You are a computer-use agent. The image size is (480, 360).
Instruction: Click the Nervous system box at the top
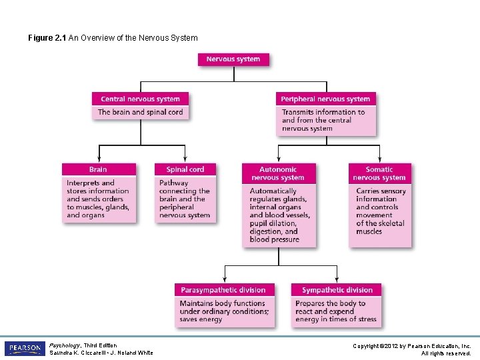click(x=233, y=59)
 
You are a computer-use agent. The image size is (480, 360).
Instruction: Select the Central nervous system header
click(x=140, y=99)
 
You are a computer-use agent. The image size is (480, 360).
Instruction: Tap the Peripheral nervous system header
click(x=325, y=99)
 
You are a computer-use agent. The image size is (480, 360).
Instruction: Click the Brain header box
click(x=98, y=169)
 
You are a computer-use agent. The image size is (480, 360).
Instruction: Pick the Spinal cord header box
click(x=186, y=169)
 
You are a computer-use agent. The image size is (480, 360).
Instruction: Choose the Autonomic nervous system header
click(x=278, y=173)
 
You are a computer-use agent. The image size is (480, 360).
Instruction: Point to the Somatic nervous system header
click(x=379, y=173)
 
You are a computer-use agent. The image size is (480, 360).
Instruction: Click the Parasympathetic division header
click(x=223, y=290)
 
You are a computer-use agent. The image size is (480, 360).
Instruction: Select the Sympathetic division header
click(x=337, y=290)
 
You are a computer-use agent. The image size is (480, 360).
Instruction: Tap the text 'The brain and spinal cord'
click(x=140, y=112)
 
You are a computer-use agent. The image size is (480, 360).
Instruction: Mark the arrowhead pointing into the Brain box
click(x=99, y=160)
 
